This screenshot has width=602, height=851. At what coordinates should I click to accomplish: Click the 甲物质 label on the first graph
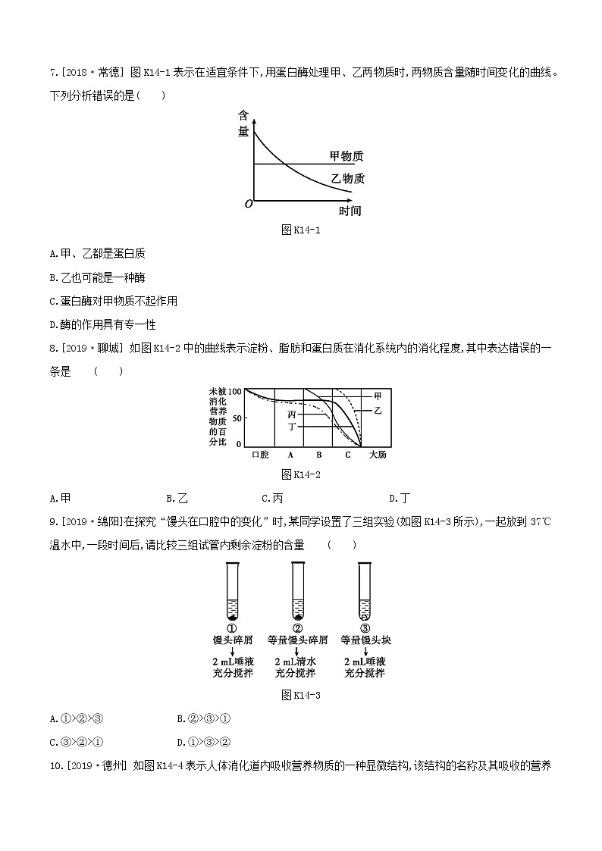click(x=346, y=156)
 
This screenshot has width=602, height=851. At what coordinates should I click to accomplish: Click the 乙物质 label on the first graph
click(x=347, y=179)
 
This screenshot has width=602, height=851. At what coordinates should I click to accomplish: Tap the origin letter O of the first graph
click(x=248, y=204)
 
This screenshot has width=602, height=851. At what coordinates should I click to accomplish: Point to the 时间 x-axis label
click(x=349, y=211)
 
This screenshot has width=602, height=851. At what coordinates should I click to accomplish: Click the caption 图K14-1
click(x=301, y=230)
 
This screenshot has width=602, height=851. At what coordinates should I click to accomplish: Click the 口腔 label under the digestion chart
click(x=260, y=455)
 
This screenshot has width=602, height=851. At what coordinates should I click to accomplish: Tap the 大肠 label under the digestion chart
click(x=377, y=455)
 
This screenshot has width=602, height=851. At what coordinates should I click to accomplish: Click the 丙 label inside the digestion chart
click(x=292, y=415)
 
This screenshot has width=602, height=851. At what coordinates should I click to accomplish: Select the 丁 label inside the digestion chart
click(x=292, y=427)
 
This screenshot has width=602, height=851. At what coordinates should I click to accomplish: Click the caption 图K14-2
click(x=301, y=474)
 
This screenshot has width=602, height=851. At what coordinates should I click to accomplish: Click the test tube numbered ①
click(x=232, y=591)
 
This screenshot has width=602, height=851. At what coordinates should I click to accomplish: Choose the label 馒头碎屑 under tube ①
click(x=233, y=640)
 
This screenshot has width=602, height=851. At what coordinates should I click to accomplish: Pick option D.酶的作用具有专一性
click(x=102, y=324)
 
